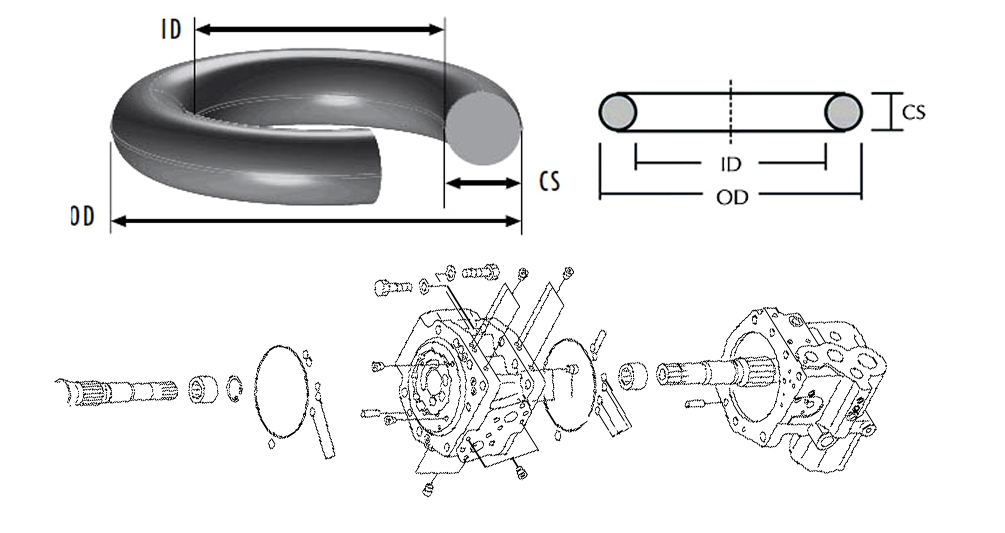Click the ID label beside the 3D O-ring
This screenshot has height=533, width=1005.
(171, 30)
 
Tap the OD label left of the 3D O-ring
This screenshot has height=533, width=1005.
(82, 216)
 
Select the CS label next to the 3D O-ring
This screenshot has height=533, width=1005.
(549, 181)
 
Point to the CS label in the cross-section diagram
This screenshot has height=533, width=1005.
(914, 113)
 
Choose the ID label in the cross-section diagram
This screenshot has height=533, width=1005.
(730, 164)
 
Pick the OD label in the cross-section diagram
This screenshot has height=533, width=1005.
(732, 198)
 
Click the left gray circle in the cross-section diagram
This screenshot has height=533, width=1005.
(618, 113)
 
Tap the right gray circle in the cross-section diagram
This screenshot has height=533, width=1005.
(844, 113)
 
